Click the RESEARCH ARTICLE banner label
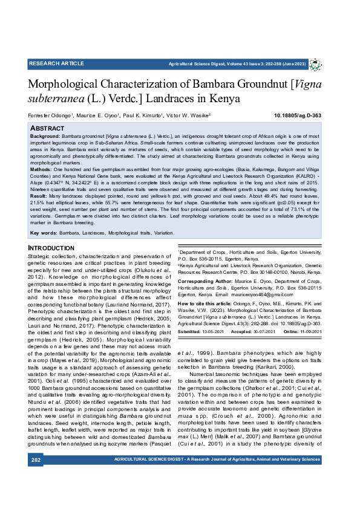click(56, 63)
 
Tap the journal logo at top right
click(316, 64)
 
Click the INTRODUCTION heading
click(51, 248)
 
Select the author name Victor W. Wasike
click(188, 115)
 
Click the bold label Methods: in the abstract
click(42, 171)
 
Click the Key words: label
click(44, 233)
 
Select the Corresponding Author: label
click(205, 282)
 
